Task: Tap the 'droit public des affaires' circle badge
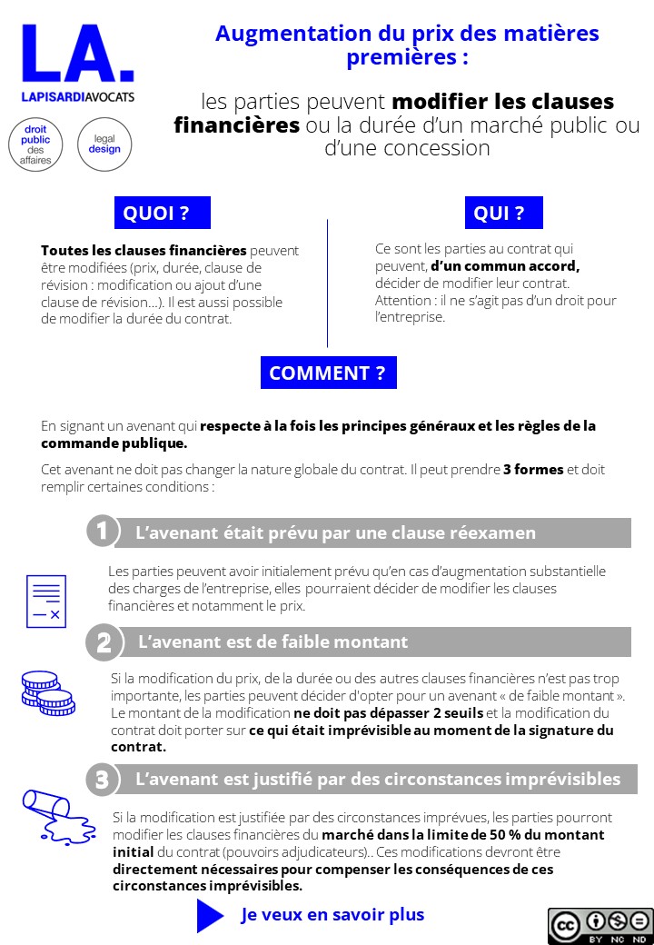click(36, 144)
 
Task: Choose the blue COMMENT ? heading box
click(327, 373)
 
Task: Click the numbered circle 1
click(102, 532)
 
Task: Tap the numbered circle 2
click(102, 642)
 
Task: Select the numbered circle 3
click(102, 780)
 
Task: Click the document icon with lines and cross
click(45, 601)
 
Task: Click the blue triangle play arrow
click(209, 915)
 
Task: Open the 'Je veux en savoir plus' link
click(332, 915)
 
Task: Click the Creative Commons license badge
click(600, 925)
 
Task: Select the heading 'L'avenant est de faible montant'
click(272, 642)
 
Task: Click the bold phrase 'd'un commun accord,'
click(505, 266)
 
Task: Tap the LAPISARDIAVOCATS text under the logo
click(77, 97)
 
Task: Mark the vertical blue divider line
click(327, 283)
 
